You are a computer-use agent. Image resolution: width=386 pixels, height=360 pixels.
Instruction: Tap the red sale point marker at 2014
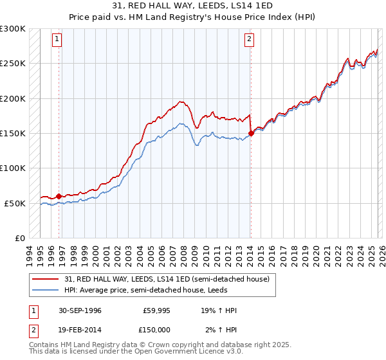251,134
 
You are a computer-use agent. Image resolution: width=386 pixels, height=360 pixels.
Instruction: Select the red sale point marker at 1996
59,196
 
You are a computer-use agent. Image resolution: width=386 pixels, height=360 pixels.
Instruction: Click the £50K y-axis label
15,203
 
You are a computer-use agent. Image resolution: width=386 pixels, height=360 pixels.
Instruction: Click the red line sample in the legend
46,278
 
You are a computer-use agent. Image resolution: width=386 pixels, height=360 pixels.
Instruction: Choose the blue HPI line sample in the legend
46,289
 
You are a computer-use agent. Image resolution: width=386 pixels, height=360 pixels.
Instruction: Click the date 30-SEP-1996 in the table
75,310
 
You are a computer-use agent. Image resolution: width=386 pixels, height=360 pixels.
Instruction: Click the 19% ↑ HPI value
219,310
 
